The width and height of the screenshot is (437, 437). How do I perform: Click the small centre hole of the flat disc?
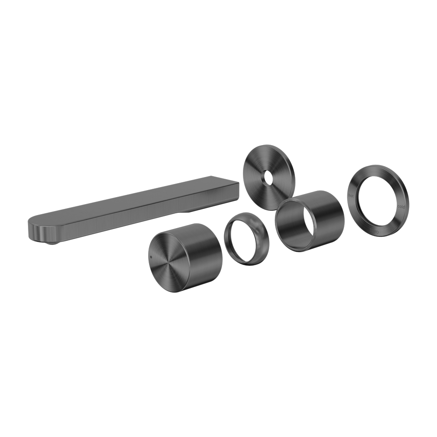(266, 177)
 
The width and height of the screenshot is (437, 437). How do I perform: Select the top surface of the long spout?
(131, 201)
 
